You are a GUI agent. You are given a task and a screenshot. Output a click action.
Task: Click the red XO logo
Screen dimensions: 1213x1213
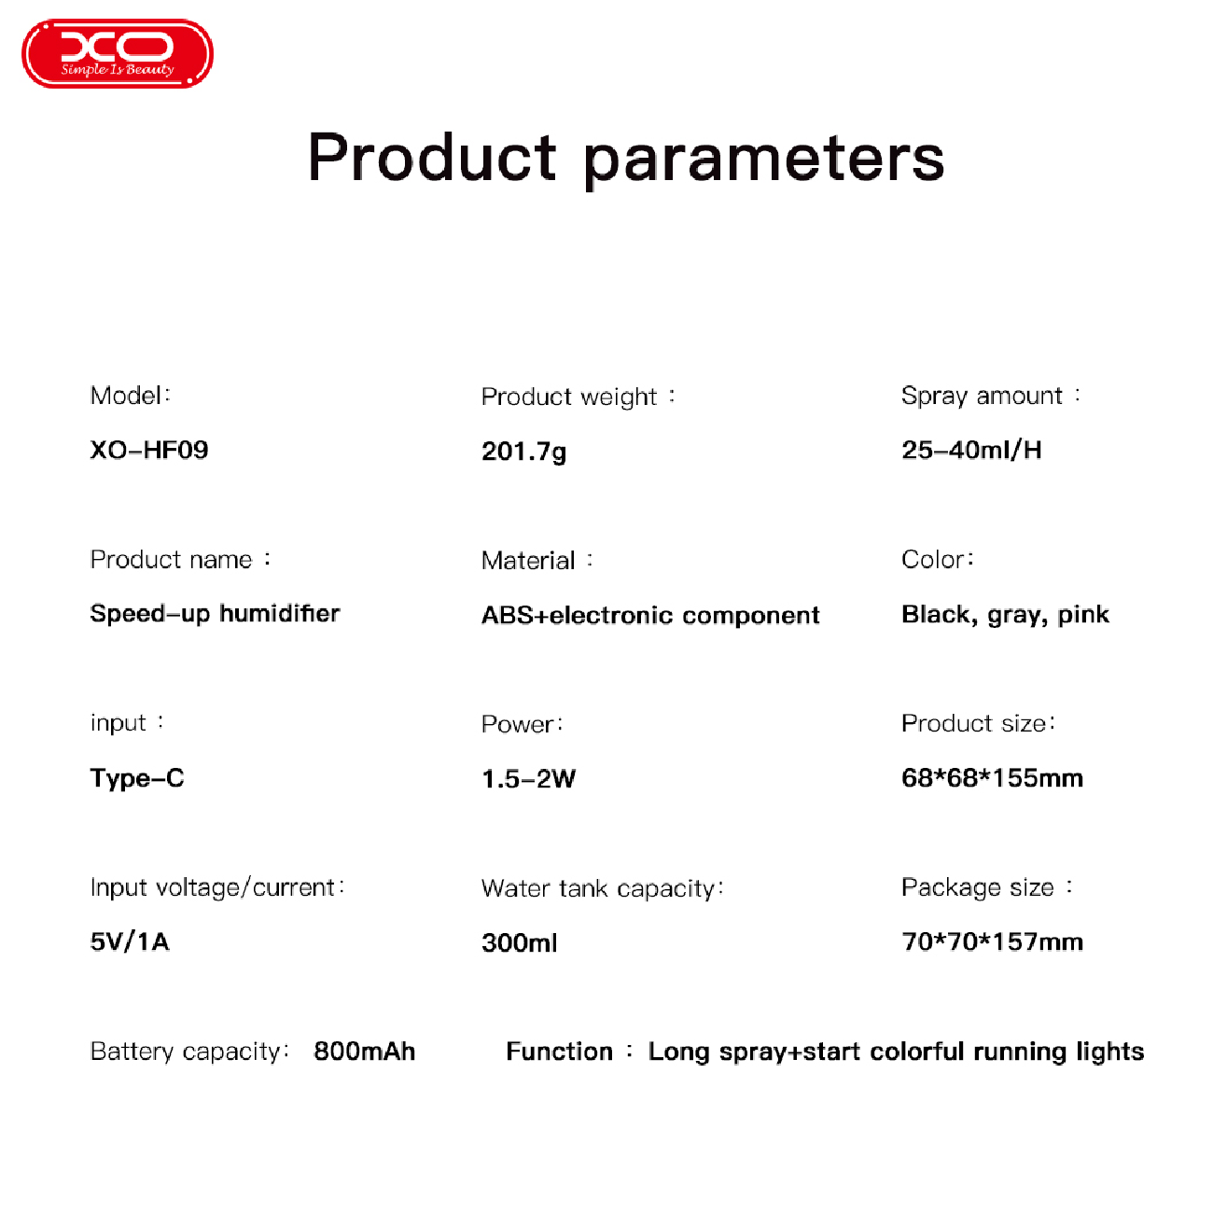pyautogui.click(x=117, y=53)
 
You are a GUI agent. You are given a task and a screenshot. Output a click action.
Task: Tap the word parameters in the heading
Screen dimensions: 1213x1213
pyautogui.click(x=763, y=161)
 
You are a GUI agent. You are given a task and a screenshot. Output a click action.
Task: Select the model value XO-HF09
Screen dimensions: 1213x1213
pyautogui.click(x=149, y=450)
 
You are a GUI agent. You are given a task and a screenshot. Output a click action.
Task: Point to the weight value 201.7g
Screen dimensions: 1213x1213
pyautogui.click(x=523, y=452)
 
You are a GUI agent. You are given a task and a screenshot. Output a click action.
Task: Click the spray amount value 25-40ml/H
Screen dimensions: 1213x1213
pyautogui.click(x=971, y=450)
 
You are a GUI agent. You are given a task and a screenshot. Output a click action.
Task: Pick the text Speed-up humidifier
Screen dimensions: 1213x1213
pyautogui.click(x=215, y=614)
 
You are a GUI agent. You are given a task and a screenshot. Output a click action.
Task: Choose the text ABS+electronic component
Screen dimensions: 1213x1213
pyautogui.click(x=650, y=615)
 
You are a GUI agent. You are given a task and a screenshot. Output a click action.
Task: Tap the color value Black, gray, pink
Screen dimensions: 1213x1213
pyautogui.click(x=1005, y=614)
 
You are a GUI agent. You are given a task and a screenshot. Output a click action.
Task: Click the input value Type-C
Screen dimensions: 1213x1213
pyautogui.click(x=137, y=779)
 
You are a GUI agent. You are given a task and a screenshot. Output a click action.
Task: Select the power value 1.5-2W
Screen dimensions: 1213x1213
pyautogui.click(x=529, y=779)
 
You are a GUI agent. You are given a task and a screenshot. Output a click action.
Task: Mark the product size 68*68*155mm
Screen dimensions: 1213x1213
pyautogui.click(x=992, y=778)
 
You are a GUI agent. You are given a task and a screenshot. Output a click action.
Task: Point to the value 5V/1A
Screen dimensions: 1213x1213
pyautogui.click(x=130, y=941)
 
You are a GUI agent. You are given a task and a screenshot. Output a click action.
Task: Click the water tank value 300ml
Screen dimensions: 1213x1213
pyautogui.click(x=520, y=943)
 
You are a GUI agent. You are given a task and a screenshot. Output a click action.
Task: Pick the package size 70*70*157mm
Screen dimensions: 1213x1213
pyautogui.click(x=992, y=941)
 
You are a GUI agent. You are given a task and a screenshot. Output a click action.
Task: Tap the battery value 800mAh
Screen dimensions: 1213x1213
pyautogui.click(x=365, y=1052)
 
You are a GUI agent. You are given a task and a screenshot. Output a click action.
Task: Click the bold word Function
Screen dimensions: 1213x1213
pyautogui.click(x=559, y=1052)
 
